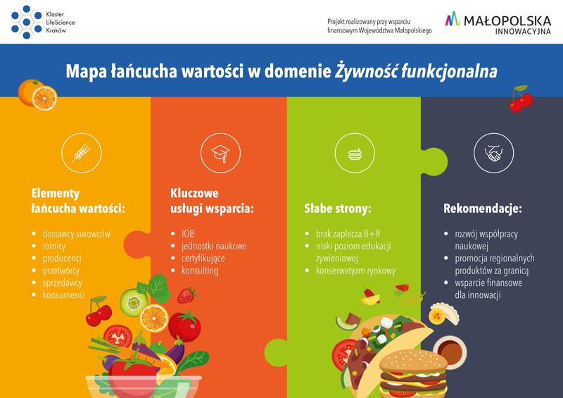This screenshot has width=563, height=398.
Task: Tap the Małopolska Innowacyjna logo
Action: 502,23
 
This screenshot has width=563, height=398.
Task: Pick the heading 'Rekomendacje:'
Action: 482,209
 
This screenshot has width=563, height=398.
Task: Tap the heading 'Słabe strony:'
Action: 337,209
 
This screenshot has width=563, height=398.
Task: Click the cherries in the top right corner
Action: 521,101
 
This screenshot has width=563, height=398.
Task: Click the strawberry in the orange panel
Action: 186,294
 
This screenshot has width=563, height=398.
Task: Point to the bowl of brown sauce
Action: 450,346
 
